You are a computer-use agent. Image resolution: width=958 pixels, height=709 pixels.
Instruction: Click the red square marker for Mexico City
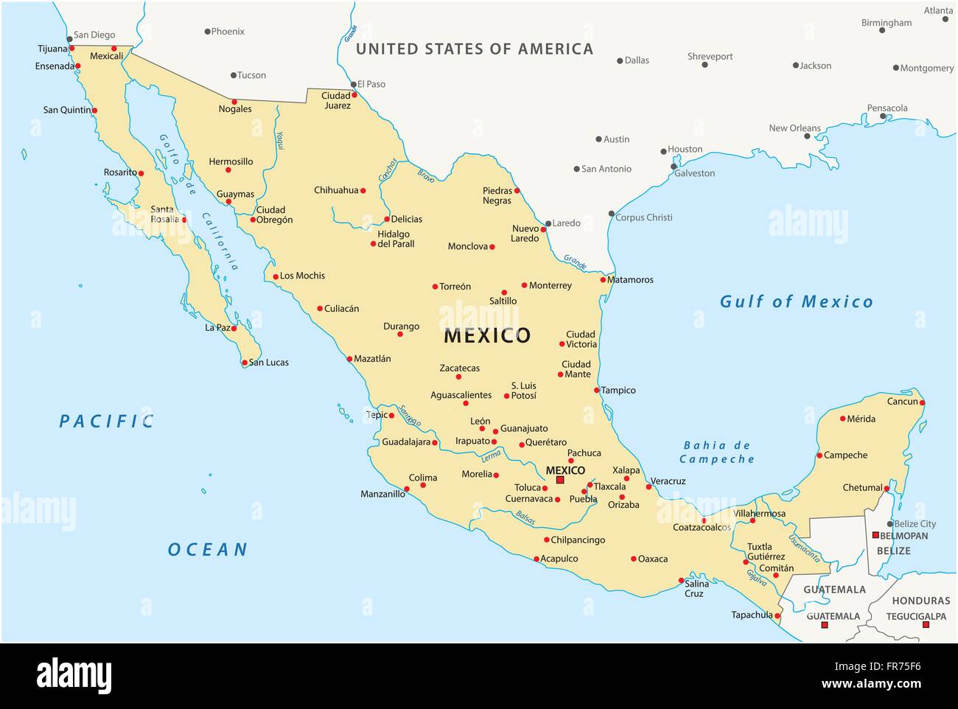(560, 480)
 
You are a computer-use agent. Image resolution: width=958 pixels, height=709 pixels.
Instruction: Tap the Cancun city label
(902, 402)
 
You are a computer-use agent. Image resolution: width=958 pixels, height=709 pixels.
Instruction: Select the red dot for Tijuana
(71, 49)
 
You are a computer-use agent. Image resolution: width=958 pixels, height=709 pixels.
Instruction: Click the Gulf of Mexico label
(796, 301)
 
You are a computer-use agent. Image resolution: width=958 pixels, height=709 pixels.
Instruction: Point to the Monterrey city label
(550, 285)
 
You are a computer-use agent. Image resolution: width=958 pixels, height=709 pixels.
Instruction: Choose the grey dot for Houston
(663, 151)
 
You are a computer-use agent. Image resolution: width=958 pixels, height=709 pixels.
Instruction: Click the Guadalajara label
(406, 442)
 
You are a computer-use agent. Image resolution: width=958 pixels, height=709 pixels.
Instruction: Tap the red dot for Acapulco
(536, 559)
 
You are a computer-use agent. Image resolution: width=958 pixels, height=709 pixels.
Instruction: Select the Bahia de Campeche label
(716, 452)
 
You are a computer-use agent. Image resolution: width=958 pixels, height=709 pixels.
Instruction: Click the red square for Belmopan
(875, 535)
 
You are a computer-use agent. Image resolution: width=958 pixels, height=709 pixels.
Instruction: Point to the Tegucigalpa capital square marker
(926, 625)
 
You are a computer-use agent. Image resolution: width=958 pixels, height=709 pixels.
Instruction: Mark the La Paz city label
(217, 327)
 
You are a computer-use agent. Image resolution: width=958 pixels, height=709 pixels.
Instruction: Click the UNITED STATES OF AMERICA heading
(475, 49)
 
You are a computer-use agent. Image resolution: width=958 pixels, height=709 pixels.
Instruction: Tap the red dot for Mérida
(843, 419)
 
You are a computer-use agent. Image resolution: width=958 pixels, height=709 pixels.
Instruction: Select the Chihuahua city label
(336, 190)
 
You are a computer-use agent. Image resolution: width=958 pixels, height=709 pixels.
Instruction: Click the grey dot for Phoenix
(208, 32)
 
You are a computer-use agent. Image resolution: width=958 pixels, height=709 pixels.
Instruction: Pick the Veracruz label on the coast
(668, 481)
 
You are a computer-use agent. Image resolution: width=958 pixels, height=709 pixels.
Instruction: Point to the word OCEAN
(208, 550)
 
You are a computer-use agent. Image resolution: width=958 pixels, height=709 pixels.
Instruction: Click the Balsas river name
(525, 518)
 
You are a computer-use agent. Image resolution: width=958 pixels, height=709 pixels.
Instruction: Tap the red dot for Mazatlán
(349, 360)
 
